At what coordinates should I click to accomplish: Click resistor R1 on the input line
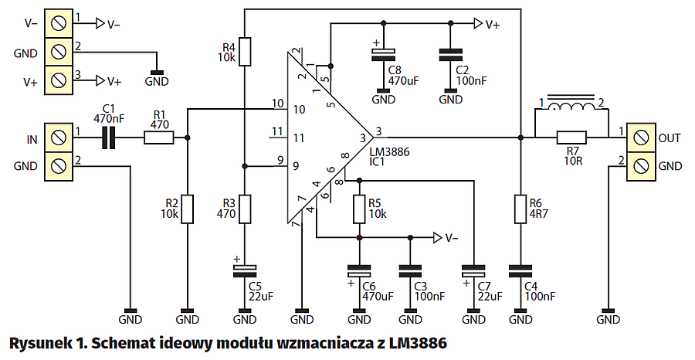159,138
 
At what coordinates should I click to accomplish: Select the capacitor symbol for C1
110,138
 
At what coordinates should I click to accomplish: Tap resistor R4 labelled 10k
244,52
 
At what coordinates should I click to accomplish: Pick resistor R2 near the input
188,209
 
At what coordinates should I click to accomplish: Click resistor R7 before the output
572,138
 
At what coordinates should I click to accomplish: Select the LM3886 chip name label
390,153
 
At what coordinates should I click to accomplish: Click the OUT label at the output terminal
670,138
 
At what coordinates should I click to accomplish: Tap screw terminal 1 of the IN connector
56,138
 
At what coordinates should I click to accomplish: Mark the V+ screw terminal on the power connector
56,80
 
